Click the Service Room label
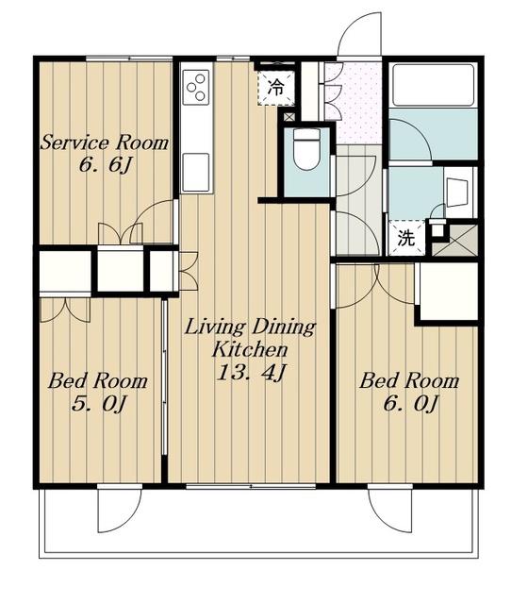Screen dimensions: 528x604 click(x=105, y=143)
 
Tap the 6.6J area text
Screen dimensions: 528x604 click(x=106, y=165)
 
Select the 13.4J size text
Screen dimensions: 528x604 click(x=251, y=372)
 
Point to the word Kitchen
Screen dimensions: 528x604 click(x=250, y=349)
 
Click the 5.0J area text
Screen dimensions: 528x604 click(x=98, y=404)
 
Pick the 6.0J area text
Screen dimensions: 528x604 click(x=410, y=404)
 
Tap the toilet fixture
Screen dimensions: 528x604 click(x=306, y=149)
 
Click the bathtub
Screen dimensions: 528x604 click(x=434, y=86)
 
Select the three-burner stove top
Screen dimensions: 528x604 click(x=196, y=87)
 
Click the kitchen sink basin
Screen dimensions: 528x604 click(x=196, y=172)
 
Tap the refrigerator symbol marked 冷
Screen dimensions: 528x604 click(x=275, y=88)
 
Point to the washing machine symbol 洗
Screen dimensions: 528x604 click(x=406, y=238)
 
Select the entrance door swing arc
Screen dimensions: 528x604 click(x=359, y=34)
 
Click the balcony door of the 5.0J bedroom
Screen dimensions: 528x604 click(x=120, y=510)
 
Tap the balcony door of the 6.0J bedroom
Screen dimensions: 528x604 click(x=390, y=510)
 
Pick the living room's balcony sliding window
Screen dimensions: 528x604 click(x=251, y=487)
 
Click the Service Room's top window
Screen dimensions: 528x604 click(x=129, y=59)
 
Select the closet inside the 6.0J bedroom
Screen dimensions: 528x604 click(x=449, y=292)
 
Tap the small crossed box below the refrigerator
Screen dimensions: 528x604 click(x=289, y=116)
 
